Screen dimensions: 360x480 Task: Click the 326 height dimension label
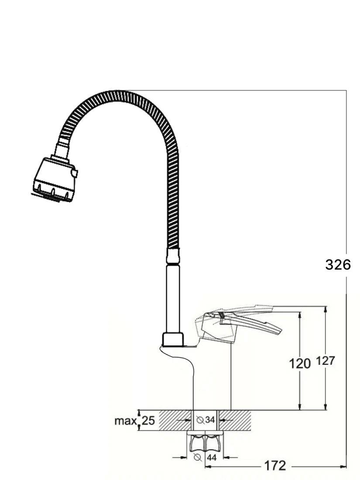coord(338,265)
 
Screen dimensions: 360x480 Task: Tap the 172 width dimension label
coord(274,466)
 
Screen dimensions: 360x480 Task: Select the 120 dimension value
coord(300,363)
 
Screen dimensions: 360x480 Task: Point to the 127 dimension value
coord(325,361)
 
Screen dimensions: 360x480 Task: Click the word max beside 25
coord(125,421)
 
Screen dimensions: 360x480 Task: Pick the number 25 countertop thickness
coord(148,421)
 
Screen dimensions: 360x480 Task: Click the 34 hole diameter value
coord(210,420)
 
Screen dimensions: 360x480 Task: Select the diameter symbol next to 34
coord(200,420)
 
